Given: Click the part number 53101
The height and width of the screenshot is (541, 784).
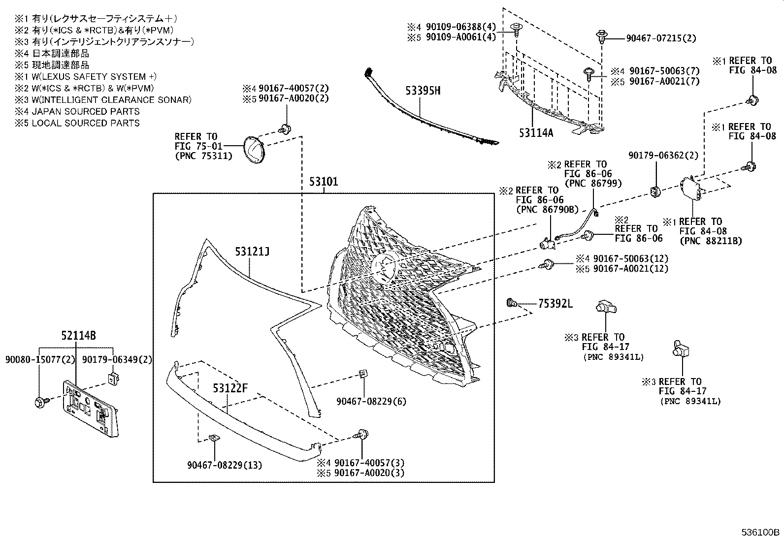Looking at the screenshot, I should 324,182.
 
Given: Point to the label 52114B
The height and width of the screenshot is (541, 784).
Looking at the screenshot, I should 78,336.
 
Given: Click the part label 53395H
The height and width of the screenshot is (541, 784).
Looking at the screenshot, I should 423,91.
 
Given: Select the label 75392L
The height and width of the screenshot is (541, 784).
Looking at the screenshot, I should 555,304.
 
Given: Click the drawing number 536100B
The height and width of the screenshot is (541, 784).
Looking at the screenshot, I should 761,532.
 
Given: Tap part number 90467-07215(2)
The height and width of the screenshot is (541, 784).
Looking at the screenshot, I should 661,38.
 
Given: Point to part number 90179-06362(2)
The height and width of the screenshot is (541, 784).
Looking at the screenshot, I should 663,156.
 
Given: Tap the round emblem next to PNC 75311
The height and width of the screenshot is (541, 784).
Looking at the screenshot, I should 254,150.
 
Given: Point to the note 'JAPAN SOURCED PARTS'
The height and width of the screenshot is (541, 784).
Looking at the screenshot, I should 85,112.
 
